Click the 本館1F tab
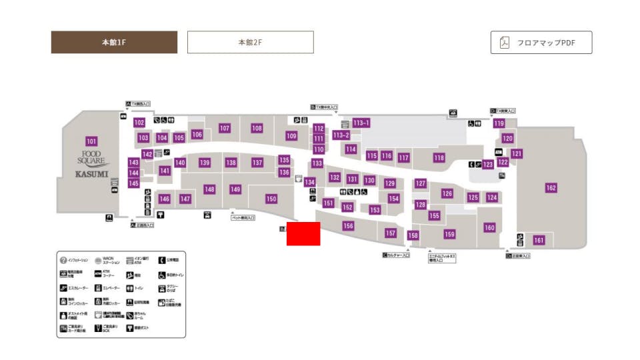tap(114, 42)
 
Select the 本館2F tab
tap(250, 42)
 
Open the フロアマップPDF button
tap(541, 43)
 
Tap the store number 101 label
tap(91, 141)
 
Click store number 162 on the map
tap(551, 188)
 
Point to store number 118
tap(439, 158)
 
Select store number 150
tap(271, 199)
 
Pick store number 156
tap(348, 226)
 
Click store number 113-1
tap(361, 123)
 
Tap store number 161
tap(539, 240)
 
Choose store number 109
tap(291, 136)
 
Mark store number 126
tap(447, 193)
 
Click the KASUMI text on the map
tap(91, 173)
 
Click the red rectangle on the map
tap(303, 233)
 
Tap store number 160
tap(489, 228)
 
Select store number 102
tap(139, 123)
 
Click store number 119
tap(499, 123)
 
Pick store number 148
tap(209, 189)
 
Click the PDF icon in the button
tap(505, 43)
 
